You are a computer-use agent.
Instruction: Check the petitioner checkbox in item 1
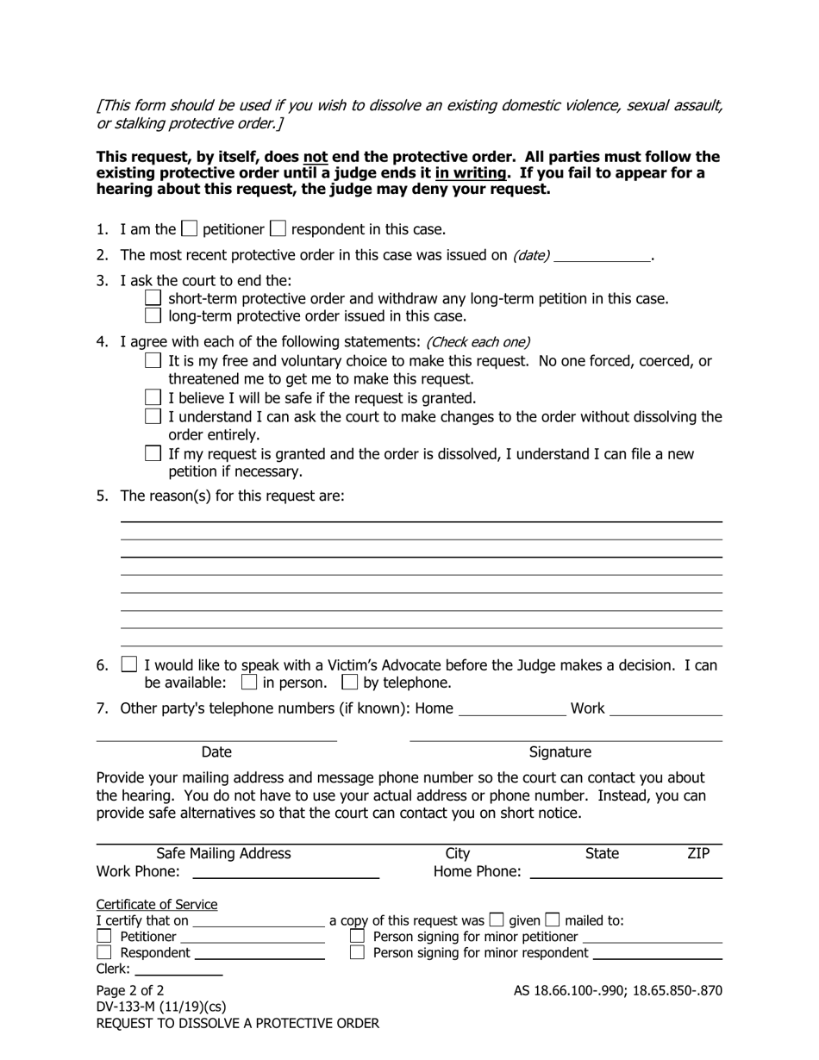click(x=190, y=229)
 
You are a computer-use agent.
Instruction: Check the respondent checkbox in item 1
click(x=278, y=229)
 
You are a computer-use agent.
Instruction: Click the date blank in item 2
click(x=602, y=256)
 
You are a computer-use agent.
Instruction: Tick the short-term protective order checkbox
click(x=153, y=298)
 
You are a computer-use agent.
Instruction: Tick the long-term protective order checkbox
click(x=153, y=316)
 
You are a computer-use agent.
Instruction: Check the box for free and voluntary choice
click(x=153, y=361)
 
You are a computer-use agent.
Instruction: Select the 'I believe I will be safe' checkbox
click(x=153, y=398)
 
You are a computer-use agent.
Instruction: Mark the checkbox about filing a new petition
click(x=153, y=453)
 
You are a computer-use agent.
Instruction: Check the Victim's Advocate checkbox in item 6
click(x=129, y=664)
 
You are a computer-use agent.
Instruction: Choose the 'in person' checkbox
click(x=249, y=683)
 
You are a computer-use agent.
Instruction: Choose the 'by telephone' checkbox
click(x=349, y=683)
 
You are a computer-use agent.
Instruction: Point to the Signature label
click(x=560, y=752)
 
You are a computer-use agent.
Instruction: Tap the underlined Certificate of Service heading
click(x=156, y=904)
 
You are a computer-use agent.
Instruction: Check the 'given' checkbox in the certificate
click(x=497, y=920)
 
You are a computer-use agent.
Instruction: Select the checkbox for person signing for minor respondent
click(x=358, y=953)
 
